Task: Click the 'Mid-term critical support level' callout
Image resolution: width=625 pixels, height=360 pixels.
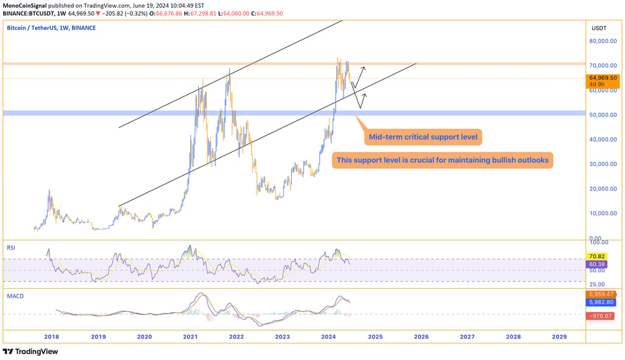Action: [424, 137]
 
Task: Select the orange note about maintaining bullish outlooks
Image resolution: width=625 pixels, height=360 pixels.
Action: [443, 160]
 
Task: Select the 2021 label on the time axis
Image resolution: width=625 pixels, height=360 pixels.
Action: [190, 336]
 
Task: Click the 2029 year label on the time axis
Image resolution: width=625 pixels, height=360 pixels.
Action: [559, 336]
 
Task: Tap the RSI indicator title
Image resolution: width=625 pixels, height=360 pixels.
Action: [11, 248]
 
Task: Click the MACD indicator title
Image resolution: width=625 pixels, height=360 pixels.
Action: [15, 296]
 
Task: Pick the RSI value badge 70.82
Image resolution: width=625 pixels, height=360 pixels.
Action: [596, 256]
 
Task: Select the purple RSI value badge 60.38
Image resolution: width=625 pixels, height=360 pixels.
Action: [596, 264]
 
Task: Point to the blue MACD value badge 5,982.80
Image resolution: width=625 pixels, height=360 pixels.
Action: [601, 302]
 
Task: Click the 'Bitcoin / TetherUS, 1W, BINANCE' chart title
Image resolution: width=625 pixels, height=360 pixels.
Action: [51, 28]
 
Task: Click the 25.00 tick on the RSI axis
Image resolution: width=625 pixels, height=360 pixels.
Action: [596, 284]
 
